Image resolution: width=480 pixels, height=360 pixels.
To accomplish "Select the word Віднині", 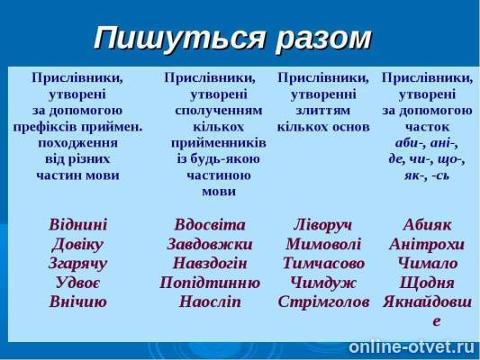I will coord(78,224).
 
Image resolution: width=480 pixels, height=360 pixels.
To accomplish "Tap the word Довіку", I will coord(77,244).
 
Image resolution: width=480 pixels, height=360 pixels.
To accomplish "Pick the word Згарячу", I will coord(78,264).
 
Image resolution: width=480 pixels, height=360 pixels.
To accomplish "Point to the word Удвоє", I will coord(77,283).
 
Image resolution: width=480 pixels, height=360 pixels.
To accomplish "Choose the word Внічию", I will coord(78,301).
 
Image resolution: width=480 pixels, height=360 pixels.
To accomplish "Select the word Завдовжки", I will coord(210,244).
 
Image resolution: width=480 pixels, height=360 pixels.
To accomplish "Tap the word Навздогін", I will coord(211,264).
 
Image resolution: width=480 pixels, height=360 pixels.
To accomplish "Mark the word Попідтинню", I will coord(210,283).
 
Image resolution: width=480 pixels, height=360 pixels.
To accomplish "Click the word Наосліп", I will coord(211,301).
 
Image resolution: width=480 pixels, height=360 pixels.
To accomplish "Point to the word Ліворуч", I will coord(323,224).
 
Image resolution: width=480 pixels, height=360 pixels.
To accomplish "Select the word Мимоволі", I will coord(323,244).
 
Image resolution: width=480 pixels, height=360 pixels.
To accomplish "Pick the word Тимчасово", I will coord(323,264).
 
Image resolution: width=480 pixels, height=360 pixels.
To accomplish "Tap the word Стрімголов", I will coord(323,301).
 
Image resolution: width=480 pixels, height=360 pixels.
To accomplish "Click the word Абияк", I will coord(428,224).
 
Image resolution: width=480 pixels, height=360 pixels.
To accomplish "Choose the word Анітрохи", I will coord(427,244).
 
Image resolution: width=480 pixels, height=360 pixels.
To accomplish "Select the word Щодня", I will coord(428,283).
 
